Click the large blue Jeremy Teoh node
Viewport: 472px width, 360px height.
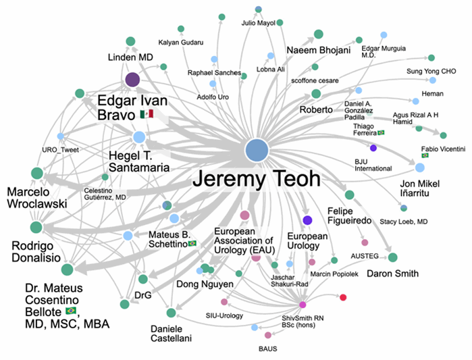257,150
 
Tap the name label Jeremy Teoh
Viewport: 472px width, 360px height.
257,179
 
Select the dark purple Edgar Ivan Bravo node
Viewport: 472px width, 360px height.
132,80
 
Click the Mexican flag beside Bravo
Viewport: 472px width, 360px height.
147,113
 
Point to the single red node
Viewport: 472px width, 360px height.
343,297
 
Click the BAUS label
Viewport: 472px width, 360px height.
267,349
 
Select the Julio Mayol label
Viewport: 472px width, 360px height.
258,23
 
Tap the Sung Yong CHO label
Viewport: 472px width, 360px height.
431,72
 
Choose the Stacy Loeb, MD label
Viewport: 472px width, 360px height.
403,222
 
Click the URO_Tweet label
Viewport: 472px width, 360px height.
61,150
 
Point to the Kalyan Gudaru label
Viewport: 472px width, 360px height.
180,43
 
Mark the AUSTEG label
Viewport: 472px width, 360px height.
365,256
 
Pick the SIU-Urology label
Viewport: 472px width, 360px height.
224,315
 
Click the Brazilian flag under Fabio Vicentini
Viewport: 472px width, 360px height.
425,155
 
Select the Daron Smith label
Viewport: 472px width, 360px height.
392,274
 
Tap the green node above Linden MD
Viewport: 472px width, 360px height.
130,41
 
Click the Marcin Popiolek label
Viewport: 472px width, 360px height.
334,274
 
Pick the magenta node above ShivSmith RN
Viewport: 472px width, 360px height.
303,305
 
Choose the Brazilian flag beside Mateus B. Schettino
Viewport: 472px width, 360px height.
192,243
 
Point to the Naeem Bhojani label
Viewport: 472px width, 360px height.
319,50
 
